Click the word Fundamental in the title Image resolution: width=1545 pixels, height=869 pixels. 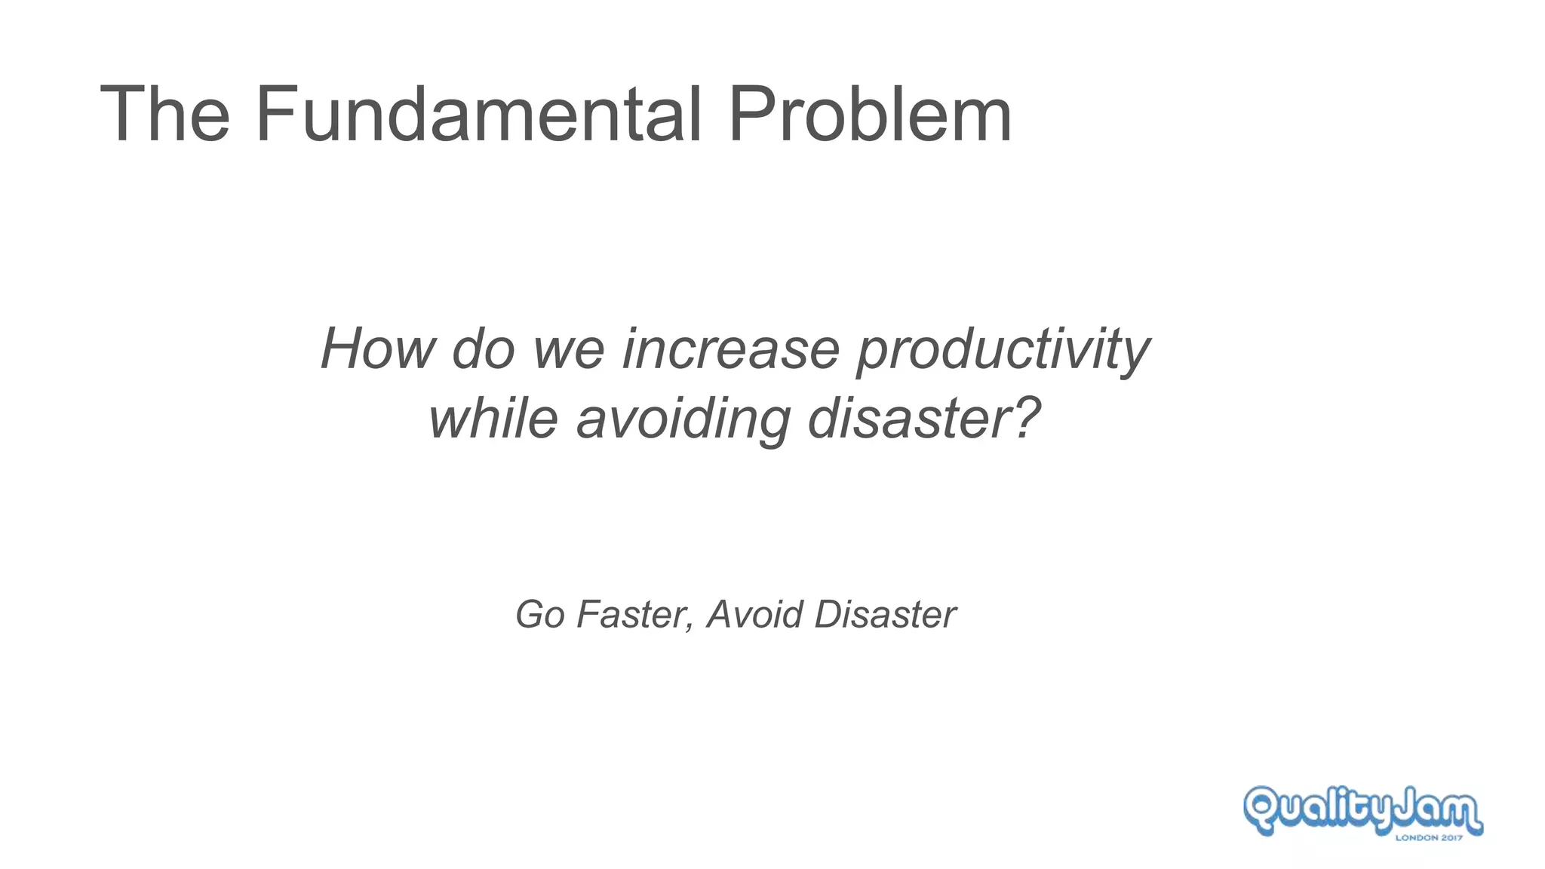coord(478,115)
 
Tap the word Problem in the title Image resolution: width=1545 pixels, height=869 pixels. coord(869,115)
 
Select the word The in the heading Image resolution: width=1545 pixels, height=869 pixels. coord(164,115)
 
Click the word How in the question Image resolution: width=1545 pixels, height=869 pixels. coord(378,349)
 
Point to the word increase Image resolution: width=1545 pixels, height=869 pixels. coord(730,349)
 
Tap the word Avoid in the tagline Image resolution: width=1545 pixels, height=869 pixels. coord(755,614)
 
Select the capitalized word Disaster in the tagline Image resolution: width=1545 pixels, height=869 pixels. coord(885,614)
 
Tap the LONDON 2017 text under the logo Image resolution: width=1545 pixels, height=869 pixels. coord(1429,837)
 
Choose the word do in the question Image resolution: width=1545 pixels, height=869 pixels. coord(483,349)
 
